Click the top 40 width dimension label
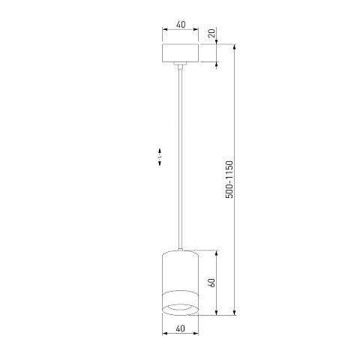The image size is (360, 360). point(181,25)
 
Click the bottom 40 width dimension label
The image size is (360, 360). point(180,328)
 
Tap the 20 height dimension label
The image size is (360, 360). point(211,33)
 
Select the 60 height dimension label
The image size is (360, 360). point(211,283)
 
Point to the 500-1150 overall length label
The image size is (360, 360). point(229,179)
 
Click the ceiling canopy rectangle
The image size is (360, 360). point(180,53)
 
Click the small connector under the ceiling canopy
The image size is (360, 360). point(180,65)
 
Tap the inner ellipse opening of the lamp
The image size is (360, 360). point(180,307)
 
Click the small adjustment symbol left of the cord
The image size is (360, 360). point(160,157)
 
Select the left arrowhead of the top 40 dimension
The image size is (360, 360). point(165,29)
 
